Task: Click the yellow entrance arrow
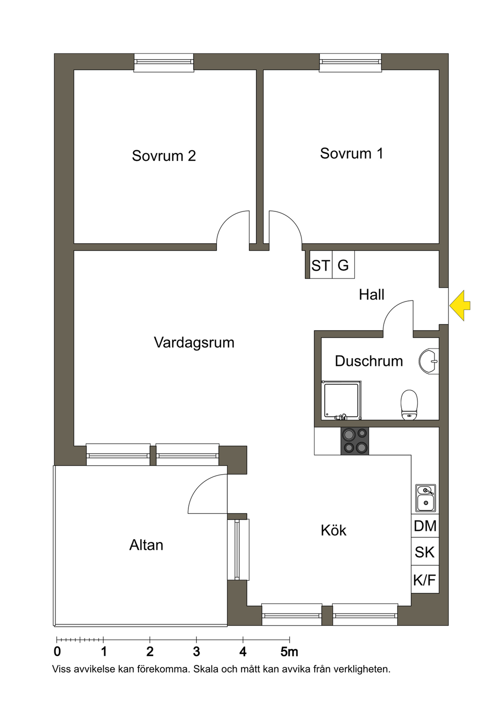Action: pos(460,306)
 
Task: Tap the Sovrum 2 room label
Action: pos(164,156)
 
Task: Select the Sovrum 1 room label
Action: pos(351,153)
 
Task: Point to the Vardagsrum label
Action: pos(194,342)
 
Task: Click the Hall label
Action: pos(371,295)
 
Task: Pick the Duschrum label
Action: pos(369,361)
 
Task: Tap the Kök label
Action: pos(334,530)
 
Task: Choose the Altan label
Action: pos(146,545)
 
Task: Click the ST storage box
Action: pos(320,265)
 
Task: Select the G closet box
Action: pos(343,265)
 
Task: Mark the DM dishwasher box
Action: pos(425,526)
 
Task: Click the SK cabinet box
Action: pos(425,552)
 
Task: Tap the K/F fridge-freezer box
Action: pos(425,580)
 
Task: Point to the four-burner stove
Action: pos(355,441)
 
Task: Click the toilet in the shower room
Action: pos(409,405)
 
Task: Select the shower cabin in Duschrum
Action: pos(342,401)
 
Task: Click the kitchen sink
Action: pos(425,498)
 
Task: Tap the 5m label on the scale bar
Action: pos(289,652)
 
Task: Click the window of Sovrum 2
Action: pos(164,62)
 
